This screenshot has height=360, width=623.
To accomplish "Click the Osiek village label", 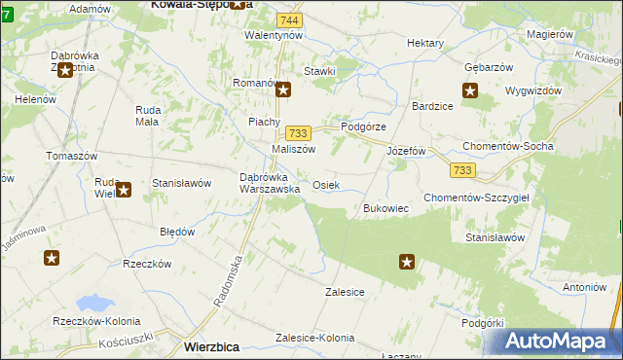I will pos(326,185).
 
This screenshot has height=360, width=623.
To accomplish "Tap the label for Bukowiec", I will pos(385,208).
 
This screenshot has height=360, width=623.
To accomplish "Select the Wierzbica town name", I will pos(212,346).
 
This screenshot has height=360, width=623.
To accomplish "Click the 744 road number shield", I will pos(287,19).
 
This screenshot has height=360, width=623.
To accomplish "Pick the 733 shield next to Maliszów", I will pos(298,132).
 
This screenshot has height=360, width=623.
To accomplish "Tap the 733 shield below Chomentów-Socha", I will pos(463,170).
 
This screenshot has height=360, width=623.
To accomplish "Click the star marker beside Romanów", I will pos(283,91).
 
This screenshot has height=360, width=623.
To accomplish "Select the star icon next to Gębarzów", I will pos(470,91).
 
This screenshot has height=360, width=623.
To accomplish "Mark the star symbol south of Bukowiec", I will pos(407,261).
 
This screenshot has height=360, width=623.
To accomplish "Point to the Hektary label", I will pos(425,44).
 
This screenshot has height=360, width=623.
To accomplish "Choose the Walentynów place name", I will pos(275,35).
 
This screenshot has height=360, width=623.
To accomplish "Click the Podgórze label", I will pos(363,127).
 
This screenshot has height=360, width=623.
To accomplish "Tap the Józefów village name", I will pos(408,152).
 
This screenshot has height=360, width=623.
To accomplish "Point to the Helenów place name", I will pos(33,100).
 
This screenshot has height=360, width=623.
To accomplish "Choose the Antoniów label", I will pos(584,288).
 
